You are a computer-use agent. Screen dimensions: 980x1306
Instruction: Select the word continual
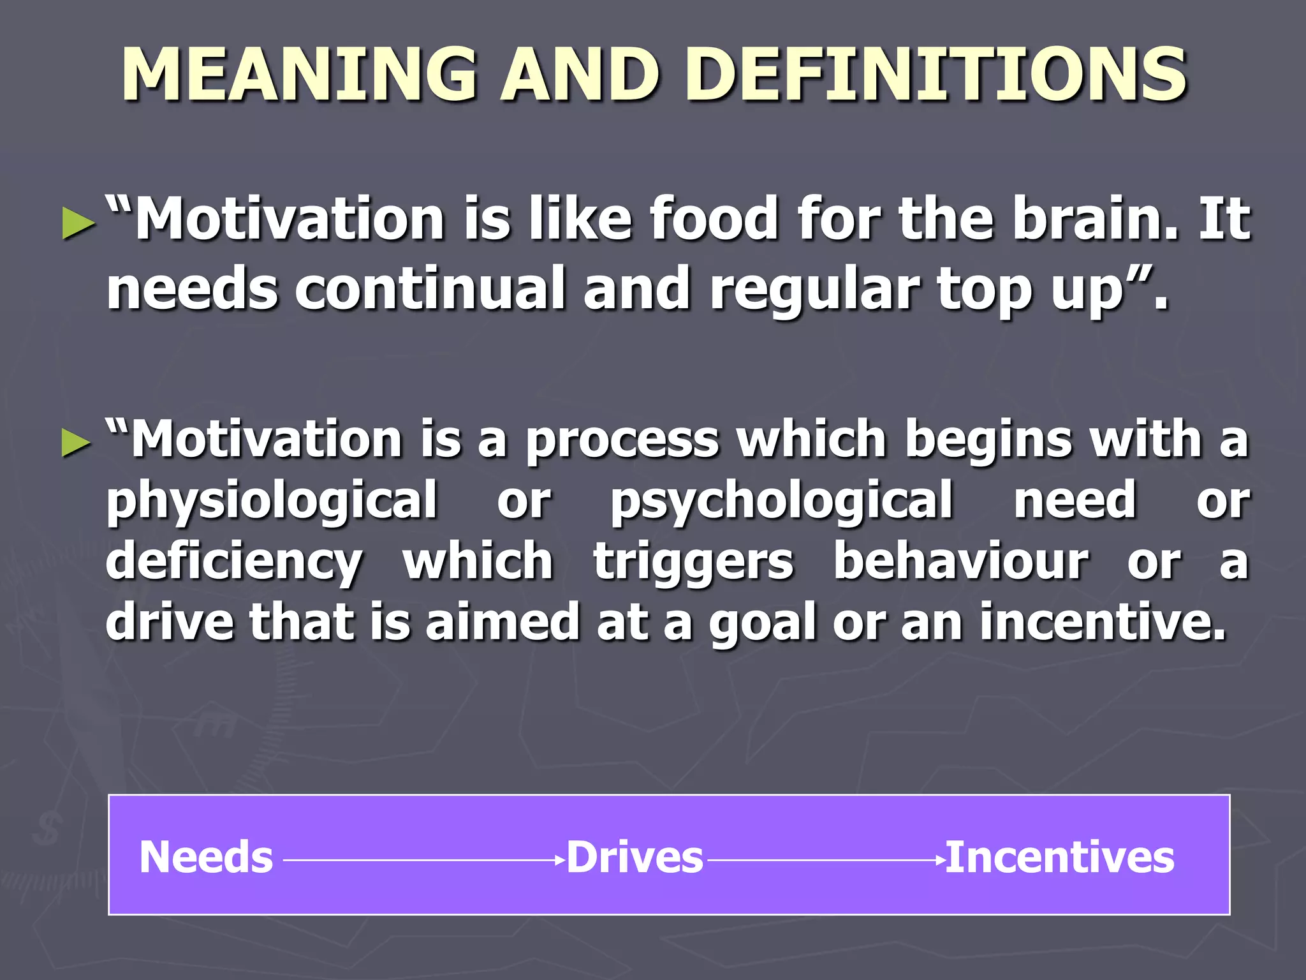pos(430,288)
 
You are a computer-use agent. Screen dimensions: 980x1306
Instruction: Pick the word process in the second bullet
pos(622,440)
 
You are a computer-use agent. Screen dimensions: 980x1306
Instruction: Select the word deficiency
pos(234,563)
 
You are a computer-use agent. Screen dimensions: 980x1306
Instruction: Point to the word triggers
pos(694,563)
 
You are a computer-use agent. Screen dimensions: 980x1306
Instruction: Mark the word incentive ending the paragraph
pos(1101,622)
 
